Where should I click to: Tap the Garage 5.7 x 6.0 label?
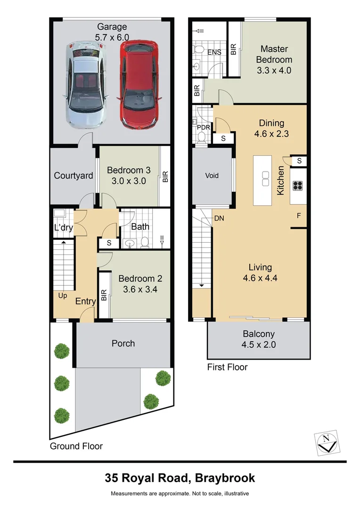pyautogui.click(x=113, y=31)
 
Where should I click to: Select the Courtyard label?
pyautogui.click(x=74, y=176)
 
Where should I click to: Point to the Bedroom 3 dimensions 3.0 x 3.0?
pyautogui.click(x=126, y=181)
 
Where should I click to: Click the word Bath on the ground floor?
pyautogui.click(x=140, y=227)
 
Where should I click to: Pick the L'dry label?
pyautogui.click(x=63, y=228)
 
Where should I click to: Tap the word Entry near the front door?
pyautogui.click(x=86, y=301)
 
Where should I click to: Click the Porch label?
pyautogui.click(x=123, y=344)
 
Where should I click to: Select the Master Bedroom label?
pyautogui.click(x=274, y=54)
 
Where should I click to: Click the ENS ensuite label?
pyautogui.click(x=214, y=52)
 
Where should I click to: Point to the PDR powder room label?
pyautogui.click(x=203, y=127)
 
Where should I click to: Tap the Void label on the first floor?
pyautogui.click(x=212, y=176)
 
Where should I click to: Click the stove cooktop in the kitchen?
pyautogui.click(x=298, y=185)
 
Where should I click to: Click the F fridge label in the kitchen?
pyautogui.click(x=298, y=217)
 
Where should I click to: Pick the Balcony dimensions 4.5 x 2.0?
pyautogui.click(x=259, y=345)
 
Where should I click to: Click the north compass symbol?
pyautogui.click(x=326, y=443)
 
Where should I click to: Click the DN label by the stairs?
pyautogui.click(x=219, y=219)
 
